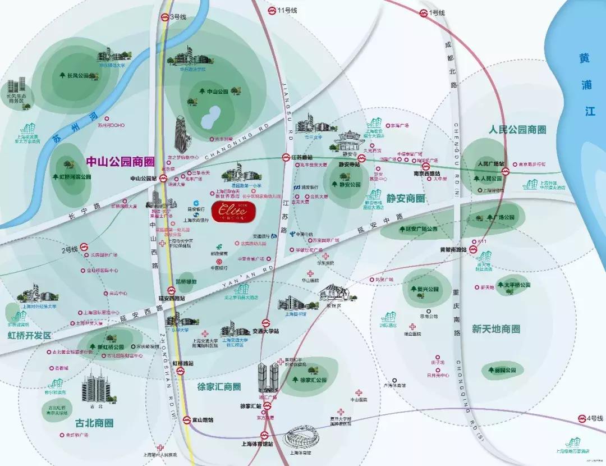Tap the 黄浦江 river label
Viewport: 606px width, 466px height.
pos(587,84)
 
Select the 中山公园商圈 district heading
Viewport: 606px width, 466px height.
pos(120,162)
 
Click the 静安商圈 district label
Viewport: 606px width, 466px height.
pos(405,198)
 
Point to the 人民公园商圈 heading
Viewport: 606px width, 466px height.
pos(518,130)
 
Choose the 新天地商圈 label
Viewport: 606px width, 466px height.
pos(495,329)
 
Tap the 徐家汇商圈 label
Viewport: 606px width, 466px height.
pos(219,387)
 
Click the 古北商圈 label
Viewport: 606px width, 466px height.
pos(94,423)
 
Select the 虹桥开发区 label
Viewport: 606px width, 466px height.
pos(29,335)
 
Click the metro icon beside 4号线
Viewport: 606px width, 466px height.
pos(582,419)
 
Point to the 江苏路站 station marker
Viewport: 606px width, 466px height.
pos(286,158)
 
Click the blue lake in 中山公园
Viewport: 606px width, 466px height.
pos(210,118)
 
